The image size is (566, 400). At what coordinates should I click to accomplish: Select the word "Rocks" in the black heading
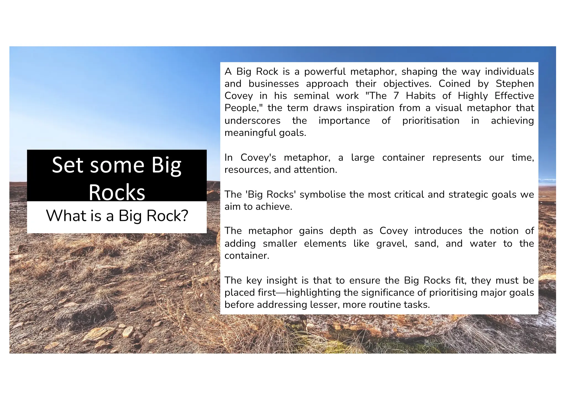point(117,192)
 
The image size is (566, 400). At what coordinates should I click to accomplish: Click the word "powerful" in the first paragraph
point(325,72)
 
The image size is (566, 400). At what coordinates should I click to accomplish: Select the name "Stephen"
point(515,84)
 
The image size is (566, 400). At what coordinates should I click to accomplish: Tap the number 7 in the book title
point(396,96)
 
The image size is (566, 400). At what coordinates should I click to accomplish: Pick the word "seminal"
point(311,96)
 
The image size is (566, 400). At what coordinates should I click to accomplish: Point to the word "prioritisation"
point(431,121)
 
